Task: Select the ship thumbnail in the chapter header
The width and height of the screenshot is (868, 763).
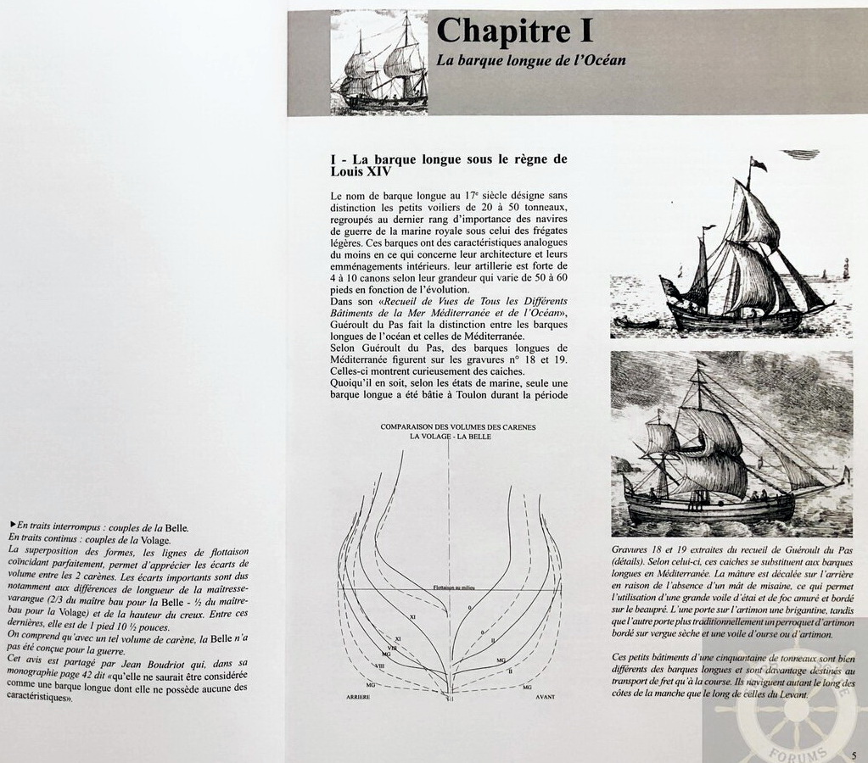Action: point(378,62)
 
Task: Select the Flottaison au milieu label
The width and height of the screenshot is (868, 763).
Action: point(445,586)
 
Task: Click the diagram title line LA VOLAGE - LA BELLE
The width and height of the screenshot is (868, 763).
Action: point(449,436)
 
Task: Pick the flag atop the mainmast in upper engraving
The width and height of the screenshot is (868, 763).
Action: point(758,164)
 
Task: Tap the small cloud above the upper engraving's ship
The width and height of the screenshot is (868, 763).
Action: point(800,154)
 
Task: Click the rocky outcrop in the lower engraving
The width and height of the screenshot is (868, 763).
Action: point(624,465)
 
